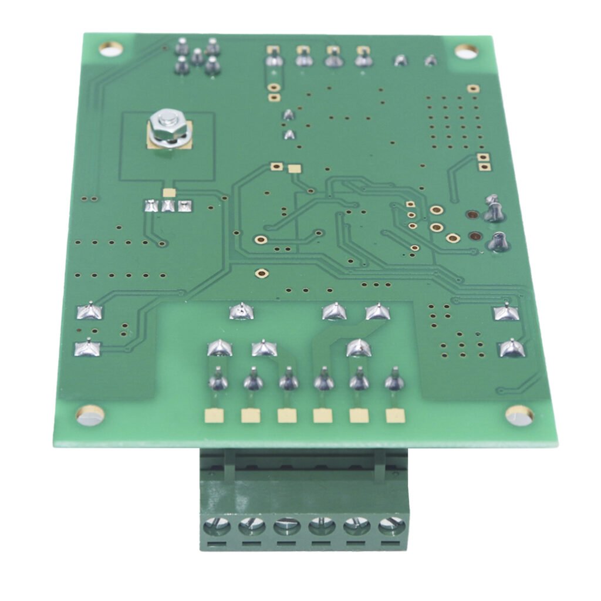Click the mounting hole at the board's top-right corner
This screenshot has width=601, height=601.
tap(466, 52)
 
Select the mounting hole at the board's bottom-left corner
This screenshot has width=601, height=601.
tap(90, 415)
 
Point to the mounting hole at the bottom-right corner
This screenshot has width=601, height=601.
tap(519, 415)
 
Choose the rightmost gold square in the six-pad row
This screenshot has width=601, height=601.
tap(394, 416)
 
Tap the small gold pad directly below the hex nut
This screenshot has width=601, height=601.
tap(169, 192)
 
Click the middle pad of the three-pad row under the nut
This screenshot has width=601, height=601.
tap(169, 205)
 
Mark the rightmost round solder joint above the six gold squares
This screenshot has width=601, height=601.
tap(394, 381)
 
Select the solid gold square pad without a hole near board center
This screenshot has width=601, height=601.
tap(294, 169)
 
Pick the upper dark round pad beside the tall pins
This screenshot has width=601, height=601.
tap(471, 215)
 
